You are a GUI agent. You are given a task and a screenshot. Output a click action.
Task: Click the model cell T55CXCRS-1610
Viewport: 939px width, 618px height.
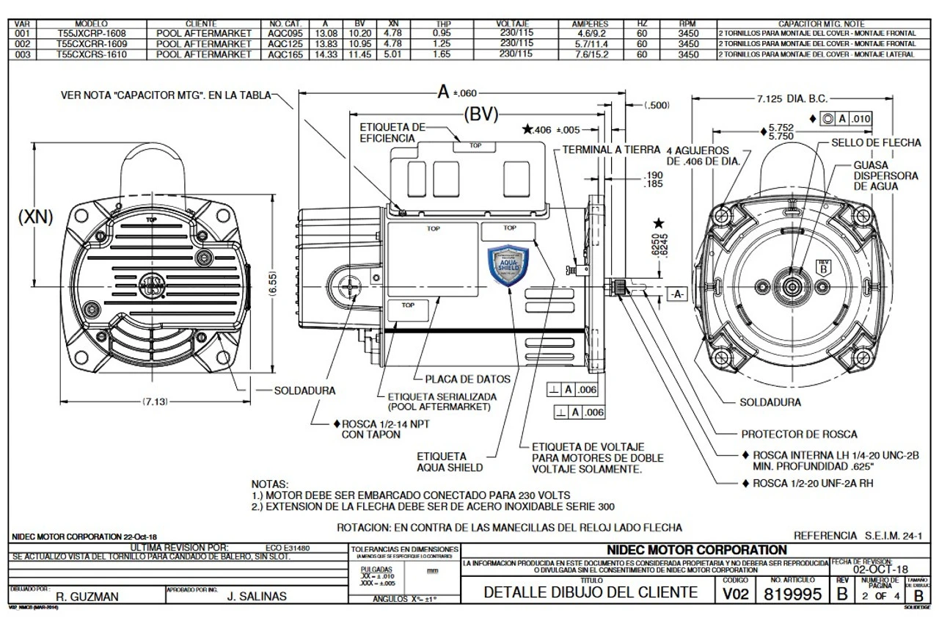[86, 54]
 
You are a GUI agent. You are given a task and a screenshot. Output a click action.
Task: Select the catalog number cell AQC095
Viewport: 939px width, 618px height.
[286, 34]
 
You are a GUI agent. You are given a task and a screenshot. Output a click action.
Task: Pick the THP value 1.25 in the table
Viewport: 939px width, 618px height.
[442, 44]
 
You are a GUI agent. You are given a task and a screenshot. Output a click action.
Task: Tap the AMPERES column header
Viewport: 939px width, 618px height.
[590, 24]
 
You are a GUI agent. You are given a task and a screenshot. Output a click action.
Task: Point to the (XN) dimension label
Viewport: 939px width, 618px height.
[35, 218]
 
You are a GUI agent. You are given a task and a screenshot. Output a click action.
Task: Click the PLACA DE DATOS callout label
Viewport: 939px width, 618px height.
[467, 379]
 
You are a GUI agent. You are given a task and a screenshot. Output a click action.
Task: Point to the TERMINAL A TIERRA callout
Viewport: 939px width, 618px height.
[611, 149]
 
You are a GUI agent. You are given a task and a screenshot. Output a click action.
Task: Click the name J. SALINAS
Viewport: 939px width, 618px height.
[257, 597]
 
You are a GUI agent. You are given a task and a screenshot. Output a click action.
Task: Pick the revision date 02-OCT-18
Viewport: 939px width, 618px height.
[880, 570]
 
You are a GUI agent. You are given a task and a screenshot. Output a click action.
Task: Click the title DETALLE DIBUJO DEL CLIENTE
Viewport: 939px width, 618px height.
[591, 592]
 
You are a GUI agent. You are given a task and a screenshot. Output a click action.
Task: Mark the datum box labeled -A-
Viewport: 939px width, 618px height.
[676, 294]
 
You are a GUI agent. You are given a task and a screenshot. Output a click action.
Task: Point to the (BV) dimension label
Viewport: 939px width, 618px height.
[481, 114]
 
